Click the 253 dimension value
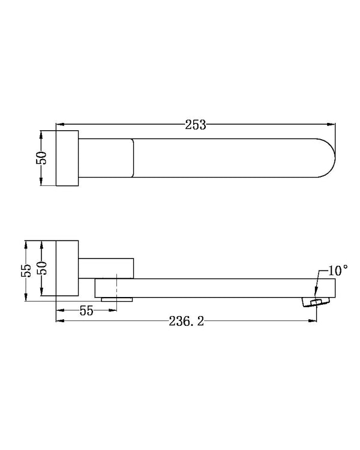196,125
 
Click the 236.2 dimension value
187,321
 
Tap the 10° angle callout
338,271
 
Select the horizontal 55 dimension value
86,311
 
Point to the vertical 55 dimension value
26,271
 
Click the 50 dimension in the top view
41,158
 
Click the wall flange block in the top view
67,158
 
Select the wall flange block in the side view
67,268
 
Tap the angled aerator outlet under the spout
316,302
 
